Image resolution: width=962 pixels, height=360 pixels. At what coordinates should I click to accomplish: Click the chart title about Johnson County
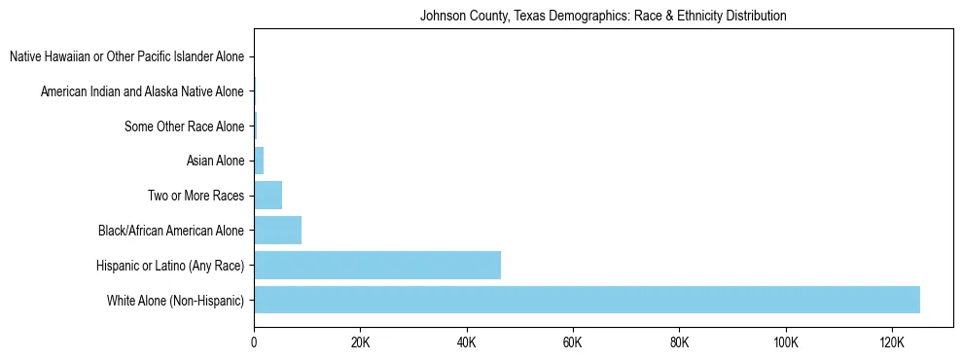603,17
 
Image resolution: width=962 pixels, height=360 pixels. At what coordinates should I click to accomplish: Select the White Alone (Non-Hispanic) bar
587,300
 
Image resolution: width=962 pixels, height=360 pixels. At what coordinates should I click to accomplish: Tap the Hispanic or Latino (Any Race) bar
377,265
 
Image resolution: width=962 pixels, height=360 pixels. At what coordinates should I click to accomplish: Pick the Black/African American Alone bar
278,231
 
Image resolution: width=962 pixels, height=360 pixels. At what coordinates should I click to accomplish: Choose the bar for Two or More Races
268,196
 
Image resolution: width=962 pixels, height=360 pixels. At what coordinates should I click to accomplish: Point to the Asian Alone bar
259,161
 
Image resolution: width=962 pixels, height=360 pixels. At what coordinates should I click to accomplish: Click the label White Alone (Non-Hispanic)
176,301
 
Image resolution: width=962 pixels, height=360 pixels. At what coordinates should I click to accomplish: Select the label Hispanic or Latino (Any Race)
170,266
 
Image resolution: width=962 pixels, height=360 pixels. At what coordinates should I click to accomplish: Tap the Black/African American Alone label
171,231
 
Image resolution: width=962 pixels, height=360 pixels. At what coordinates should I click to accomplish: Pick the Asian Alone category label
215,161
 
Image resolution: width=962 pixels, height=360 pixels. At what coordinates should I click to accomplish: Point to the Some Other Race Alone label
184,126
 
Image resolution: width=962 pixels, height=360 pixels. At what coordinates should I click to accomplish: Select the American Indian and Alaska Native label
142,91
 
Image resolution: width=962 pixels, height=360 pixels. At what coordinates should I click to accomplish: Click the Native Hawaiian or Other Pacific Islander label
126,56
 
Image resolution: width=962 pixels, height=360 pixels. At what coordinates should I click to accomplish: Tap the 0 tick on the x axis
254,343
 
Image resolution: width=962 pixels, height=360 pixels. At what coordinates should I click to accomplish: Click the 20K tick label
360,343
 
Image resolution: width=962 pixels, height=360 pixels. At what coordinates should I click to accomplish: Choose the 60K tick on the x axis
573,343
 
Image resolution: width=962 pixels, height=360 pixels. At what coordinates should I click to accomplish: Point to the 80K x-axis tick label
679,343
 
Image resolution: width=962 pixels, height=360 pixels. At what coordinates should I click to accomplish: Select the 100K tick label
785,343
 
